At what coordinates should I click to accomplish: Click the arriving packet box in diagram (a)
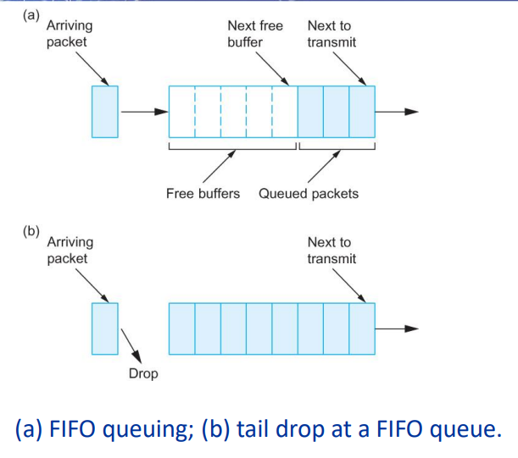[105, 111]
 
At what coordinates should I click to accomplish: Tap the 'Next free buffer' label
[255, 34]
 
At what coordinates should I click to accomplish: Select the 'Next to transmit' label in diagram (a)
[332, 34]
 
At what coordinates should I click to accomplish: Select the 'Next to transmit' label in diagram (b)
[332, 251]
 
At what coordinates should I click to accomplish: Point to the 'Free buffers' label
[202, 194]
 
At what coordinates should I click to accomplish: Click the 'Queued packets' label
[308, 194]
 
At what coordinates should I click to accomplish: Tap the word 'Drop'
[143, 373]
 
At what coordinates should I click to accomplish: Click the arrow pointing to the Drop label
[131, 345]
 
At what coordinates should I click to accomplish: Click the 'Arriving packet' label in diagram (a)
[70, 34]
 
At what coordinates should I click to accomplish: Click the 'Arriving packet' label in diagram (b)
[70, 251]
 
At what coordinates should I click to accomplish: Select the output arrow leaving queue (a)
[397, 111]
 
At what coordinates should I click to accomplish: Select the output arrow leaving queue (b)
[397, 328]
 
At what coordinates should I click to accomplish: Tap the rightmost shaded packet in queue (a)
[362, 111]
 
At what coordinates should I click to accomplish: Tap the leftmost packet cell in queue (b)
[182, 328]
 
